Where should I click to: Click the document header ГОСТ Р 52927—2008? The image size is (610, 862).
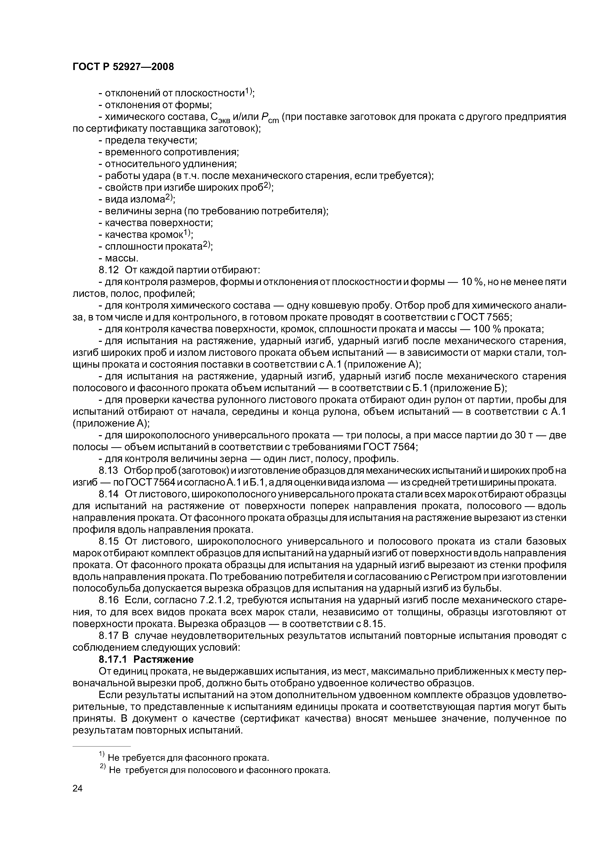[123, 67]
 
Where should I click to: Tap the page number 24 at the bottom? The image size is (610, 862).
[77, 799]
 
